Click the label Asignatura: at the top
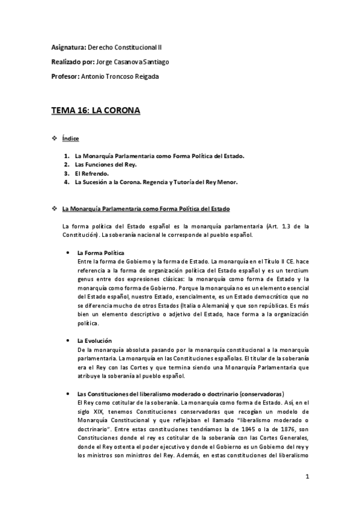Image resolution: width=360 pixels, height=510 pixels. click(x=69, y=46)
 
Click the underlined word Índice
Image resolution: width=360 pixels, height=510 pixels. click(x=70, y=139)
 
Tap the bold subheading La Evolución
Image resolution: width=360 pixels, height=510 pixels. click(x=95, y=341)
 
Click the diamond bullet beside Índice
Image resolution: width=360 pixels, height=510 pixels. click(x=54, y=139)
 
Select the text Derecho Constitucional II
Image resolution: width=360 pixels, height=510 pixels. click(x=129, y=46)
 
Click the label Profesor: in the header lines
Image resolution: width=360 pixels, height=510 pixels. click(x=64, y=76)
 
